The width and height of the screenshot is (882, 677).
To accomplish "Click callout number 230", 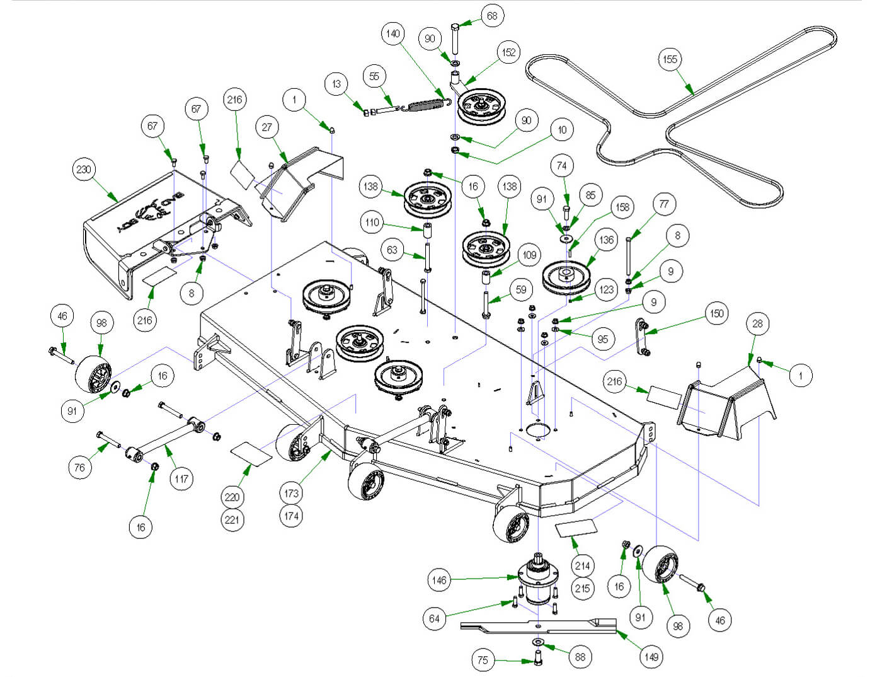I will pyautogui.click(x=83, y=170).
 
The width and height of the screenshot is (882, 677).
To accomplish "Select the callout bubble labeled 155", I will pyautogui.click(x=670, y=59).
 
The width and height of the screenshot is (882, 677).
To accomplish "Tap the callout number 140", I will pyautogui.click(x=392, y=34).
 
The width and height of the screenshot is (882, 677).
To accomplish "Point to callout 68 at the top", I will pyautogui.click(x=492, y=16).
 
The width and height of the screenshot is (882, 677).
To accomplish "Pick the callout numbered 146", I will pyautogui.click(x=439, y=580).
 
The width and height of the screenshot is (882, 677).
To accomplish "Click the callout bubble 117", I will pyautogui.click(x=181, y=478).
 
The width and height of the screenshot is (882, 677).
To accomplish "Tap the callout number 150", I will pyautogui.click(x=716, y=313).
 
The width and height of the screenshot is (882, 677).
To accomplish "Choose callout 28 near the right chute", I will pyautogui.click(x=757, y=323).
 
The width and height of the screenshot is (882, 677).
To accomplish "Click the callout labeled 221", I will pyautogui.click(x=232, y=519).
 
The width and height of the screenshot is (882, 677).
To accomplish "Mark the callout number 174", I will pyautogui.click(x=291, y=516).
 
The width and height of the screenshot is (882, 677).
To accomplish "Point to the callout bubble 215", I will pyautogui.click(x=582, y=588).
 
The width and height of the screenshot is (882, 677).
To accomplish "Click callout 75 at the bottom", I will pyautogui.click(x=483, y=660).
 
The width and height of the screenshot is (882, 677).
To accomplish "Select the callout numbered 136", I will pyautogui.click(x=606, y=240).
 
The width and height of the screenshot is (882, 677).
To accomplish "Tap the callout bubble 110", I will pyautogui.click(x=372, y=222).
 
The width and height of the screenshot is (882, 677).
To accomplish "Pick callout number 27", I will pyautogui.click(x=267, y=127).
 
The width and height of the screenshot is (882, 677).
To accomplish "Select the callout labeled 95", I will pyautogui.click(x=603, y=339).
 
